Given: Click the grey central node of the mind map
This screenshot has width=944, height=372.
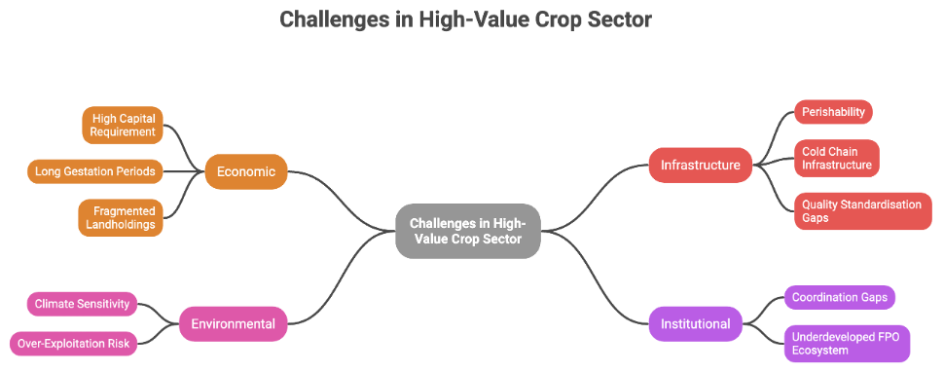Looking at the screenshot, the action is pyautogui.click(x=468, y=231).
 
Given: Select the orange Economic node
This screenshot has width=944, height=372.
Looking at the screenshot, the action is pyautogui.click(x=246, y=171).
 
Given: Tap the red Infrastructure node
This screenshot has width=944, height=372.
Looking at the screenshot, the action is pyautogui.click(x=701, y=165).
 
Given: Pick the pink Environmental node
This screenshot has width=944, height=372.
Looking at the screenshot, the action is pyautogui.click(x=233, y=324).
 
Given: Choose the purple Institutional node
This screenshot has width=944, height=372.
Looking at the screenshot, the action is pyautogui.click(x=696, y=324).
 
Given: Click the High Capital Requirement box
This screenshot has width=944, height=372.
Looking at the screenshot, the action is pyautogui.click(x=123, y=126).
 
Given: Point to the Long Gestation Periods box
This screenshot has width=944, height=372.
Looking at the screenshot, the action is pyautogui.click(x=95, y=171).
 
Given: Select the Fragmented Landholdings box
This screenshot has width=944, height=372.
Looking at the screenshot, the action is pyautogui.click(x=121, y=218).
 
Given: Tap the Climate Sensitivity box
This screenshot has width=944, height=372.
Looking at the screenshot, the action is pyautogui.click(x=82, y=304).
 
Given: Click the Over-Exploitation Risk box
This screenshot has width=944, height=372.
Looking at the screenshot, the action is pyautogui.click(x=73, y=345).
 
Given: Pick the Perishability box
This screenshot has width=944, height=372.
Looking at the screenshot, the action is pyautogui.click(x=833, y=112).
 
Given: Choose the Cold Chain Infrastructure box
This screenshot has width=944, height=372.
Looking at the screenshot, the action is pyautogui.click(x=837, y=159).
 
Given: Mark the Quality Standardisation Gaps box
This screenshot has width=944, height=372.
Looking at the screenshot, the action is pyautogui.click(x=863, y=211).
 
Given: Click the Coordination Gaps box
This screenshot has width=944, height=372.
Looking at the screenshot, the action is pyautogui.click(x=839, y=297).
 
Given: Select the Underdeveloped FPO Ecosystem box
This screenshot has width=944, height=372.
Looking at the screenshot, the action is pyautogui.click(x=847, y=344).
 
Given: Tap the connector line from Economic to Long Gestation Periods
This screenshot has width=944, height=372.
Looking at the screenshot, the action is pyautogui.click(x=184, y=171).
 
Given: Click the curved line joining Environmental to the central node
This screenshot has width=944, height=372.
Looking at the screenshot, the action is pyautogui.click(x=342, y=278).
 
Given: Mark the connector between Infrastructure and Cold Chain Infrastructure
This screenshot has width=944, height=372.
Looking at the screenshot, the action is pyautogui.click(x=774, y=162).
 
